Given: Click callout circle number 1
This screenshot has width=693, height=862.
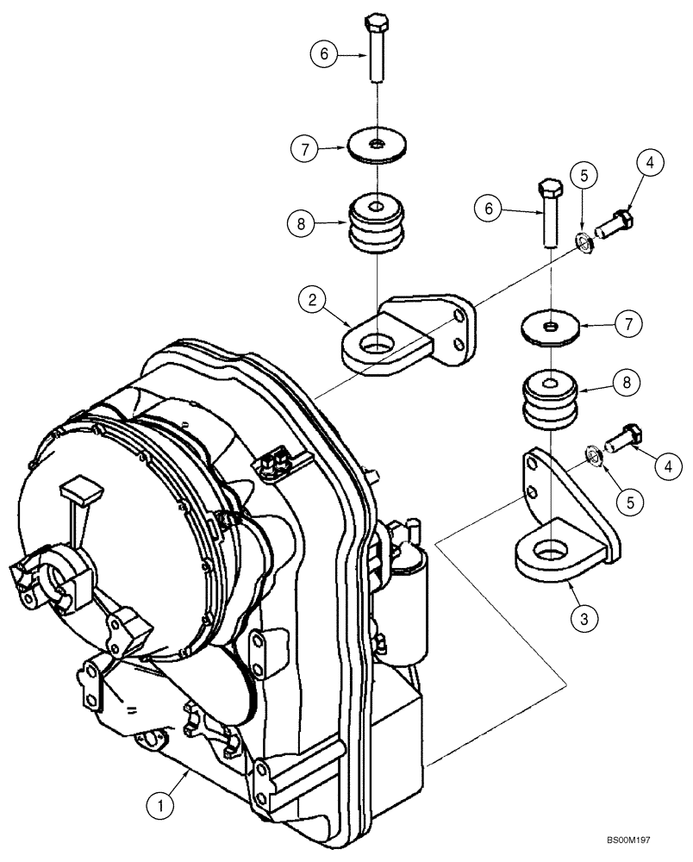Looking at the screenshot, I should point(155,806).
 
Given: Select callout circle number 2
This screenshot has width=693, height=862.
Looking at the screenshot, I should point(312,302).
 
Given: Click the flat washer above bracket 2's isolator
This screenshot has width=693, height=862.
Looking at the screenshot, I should point(378,145).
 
